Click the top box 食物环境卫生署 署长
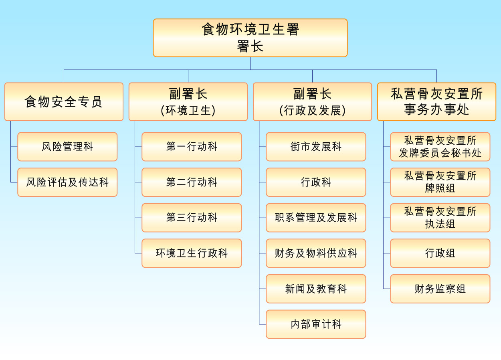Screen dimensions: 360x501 250,38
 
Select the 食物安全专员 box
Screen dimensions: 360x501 64,102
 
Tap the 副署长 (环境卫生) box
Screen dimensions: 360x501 188,102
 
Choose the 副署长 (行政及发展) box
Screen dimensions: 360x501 312,102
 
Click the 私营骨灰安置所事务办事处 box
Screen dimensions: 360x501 436,102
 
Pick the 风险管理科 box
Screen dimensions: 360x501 67,147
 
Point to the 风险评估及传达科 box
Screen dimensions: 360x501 67,182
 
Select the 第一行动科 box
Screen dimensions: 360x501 192,147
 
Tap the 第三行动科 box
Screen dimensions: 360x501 192,218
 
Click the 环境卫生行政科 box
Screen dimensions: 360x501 192,253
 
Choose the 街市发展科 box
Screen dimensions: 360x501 316,147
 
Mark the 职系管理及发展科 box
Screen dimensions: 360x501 316,218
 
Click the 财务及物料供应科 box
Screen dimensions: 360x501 316,253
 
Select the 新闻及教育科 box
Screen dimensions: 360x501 316,289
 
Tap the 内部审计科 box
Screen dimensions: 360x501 316,324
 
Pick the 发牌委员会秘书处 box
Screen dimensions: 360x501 440,147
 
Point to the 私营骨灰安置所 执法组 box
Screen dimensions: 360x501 440,218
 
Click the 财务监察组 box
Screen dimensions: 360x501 440,289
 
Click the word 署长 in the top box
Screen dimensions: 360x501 250,47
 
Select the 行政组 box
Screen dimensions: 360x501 440,253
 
